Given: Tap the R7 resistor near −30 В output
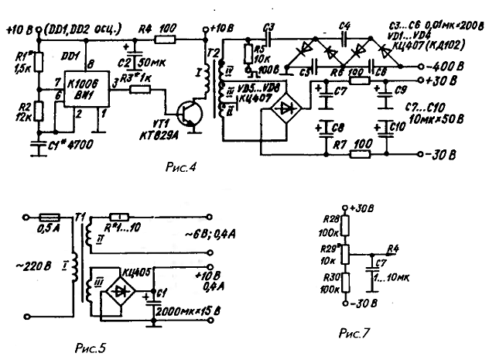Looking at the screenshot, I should coord(357,154).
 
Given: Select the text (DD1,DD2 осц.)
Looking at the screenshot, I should coord(76,31).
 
